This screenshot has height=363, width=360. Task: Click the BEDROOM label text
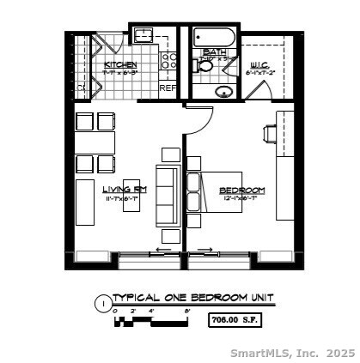coord(241,190)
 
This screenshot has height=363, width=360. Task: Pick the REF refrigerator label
coord(168,87)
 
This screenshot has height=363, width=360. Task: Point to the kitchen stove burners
coord(169,61)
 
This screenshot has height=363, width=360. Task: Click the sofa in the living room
coord(169,194)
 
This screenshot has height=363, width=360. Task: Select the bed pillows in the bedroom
coord(194,194)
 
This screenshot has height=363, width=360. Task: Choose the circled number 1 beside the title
coord(103,303)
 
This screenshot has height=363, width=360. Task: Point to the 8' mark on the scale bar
coord(186,311)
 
